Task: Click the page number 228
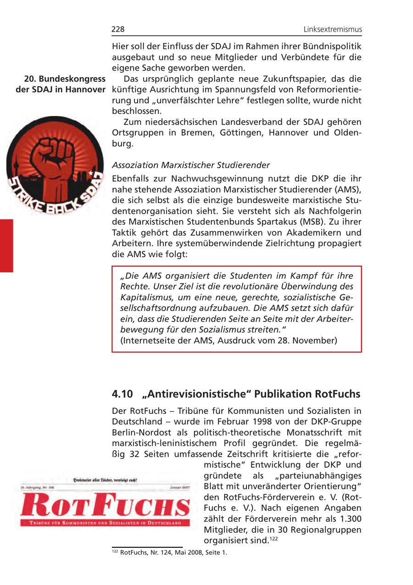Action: click(118, 29)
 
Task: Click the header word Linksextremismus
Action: click(333, 29)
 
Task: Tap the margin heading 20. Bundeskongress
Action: click(65, 79)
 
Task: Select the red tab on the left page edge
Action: click(6, 246)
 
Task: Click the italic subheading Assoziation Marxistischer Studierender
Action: click(191, 165)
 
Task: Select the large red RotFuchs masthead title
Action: click(105, 506)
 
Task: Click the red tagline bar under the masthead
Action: click(105, 523)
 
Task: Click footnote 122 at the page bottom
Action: click(170, 553)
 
